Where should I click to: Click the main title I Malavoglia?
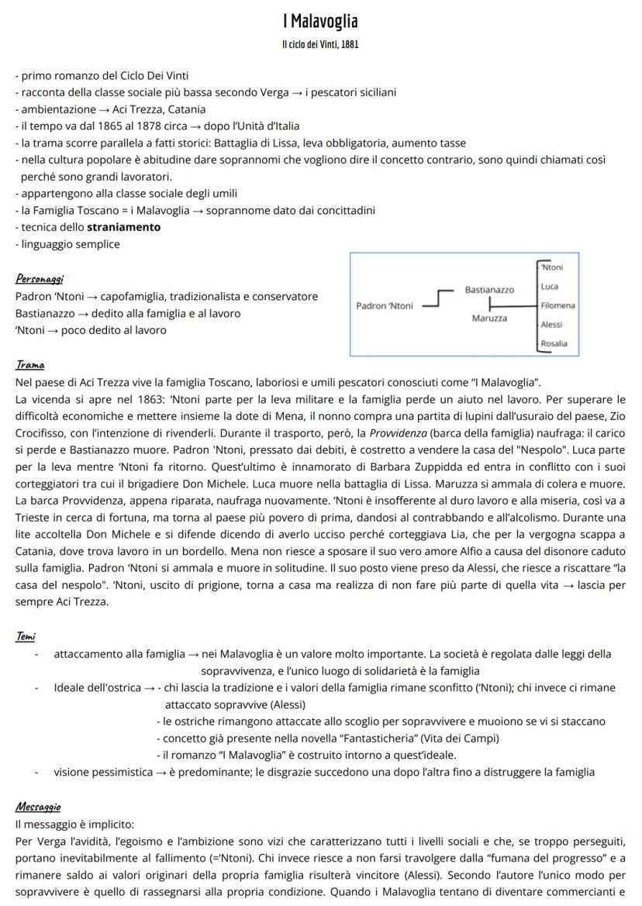(320, 20)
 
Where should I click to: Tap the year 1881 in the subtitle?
(348, 44)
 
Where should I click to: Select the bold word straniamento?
(124, 227)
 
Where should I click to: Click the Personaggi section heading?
(40, 279)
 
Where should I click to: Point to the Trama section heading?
(29, 364)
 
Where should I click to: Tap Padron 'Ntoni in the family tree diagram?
(384, 305)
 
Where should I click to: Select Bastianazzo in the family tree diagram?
(488, 289)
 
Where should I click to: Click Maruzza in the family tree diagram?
(489, 319)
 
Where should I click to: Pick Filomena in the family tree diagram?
(557, 305)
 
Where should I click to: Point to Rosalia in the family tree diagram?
(554, 343)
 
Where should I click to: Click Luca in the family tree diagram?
(550, 287)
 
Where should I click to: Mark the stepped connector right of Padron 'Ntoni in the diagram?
(439, 298)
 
